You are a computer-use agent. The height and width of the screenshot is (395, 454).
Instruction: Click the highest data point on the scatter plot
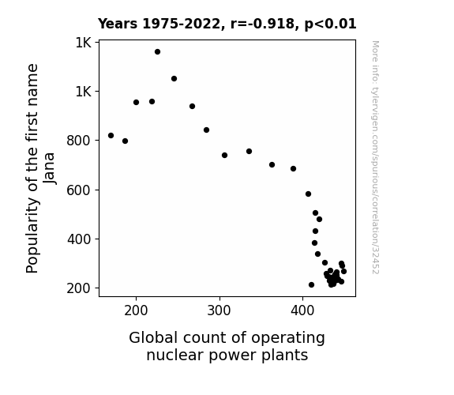click(157, 52)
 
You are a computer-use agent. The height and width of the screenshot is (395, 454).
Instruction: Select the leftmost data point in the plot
click(111, 135)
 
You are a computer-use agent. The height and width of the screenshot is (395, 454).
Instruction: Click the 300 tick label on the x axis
click(219, 310)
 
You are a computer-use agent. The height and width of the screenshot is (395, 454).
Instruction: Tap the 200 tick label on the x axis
click(136, 310)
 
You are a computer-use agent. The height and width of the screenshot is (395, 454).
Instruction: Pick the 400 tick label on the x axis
click(302, 310)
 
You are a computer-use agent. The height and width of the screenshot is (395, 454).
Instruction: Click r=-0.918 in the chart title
click(262, 24)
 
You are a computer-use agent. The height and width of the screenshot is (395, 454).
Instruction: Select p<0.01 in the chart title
click(330, 24)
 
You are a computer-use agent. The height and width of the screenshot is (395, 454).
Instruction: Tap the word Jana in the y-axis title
click(49, 168)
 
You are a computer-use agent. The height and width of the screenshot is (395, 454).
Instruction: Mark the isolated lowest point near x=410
click(312, 285)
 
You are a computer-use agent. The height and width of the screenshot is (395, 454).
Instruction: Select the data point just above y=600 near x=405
click(309, 194)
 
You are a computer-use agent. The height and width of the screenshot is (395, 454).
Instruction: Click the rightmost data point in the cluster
click(343, 271)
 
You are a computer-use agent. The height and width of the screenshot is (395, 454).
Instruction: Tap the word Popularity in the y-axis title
click(32, 235)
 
